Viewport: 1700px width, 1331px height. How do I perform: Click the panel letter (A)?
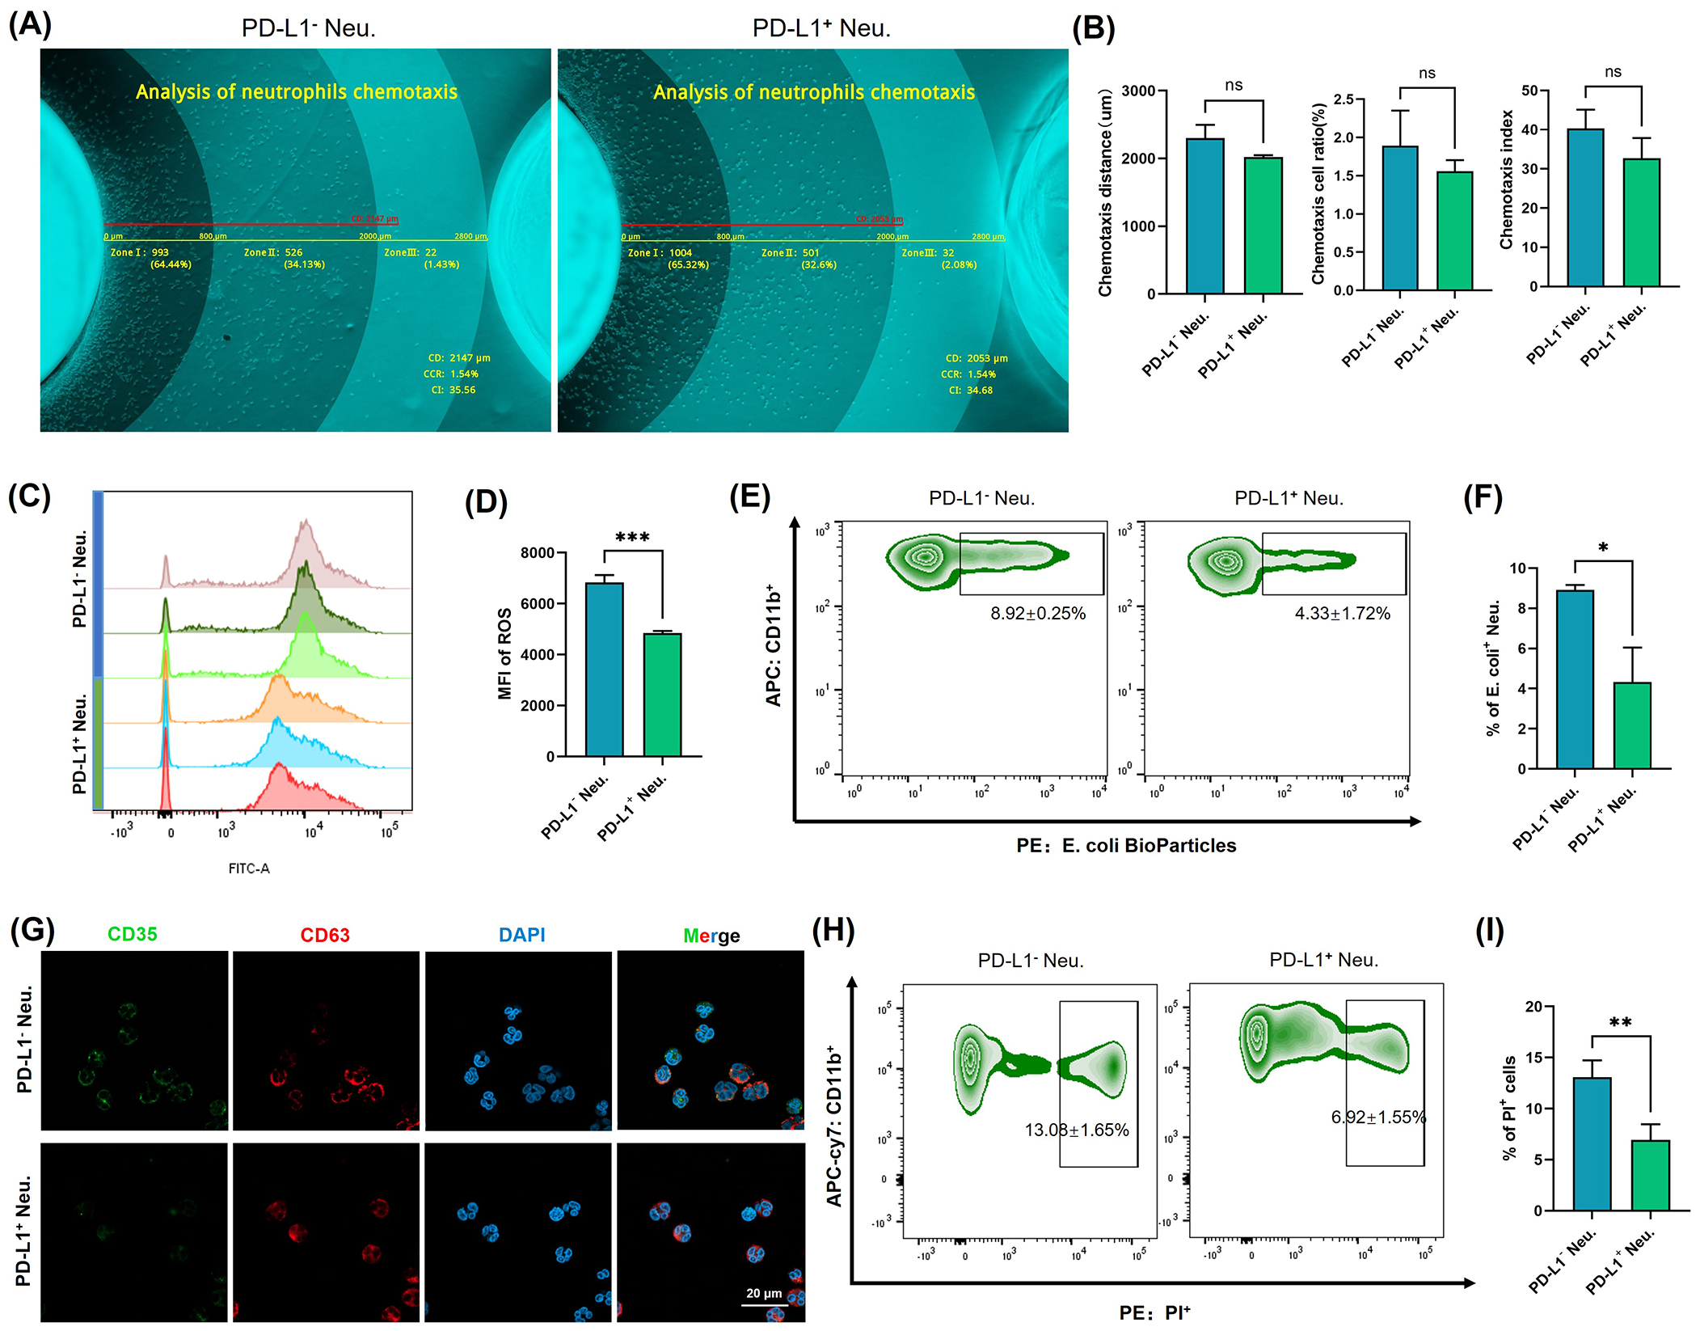[x=30, y=24]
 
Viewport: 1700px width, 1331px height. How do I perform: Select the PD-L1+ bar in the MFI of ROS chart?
[x=662, y=695]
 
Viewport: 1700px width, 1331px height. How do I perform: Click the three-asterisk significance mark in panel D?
[x=632, y=538]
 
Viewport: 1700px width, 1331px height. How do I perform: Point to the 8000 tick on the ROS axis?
[x=538, y=553]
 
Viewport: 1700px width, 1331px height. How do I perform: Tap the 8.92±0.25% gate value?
[x=1038, y=614]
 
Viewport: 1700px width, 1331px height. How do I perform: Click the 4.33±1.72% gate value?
[x=1342, y=614]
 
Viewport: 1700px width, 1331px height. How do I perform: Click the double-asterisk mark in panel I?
[x=1620, y=1023]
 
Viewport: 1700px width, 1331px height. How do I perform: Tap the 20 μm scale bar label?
[x=764, y=1293]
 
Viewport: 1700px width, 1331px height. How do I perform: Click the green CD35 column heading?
[x=133, y=935]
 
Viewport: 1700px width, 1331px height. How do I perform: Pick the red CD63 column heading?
[x=325, y=936]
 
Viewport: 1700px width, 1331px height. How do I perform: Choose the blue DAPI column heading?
[x=521, y=936]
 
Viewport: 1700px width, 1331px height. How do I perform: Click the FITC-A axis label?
[x=249, y=868]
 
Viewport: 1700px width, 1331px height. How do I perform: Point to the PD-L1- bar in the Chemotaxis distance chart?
[x=1204, y=216]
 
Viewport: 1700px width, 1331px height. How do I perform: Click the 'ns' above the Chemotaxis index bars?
[x=1613, y=72]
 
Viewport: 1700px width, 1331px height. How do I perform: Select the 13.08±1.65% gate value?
[x=1077, y=1130]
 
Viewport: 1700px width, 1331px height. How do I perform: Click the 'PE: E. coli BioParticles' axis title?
[x=1126, y=846]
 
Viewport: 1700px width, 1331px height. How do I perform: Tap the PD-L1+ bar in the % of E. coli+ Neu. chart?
[x=1632, y=725]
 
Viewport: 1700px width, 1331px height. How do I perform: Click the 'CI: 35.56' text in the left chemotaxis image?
[x=453, y=390]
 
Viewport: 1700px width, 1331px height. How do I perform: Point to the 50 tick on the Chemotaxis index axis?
[x=1530, y=90]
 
